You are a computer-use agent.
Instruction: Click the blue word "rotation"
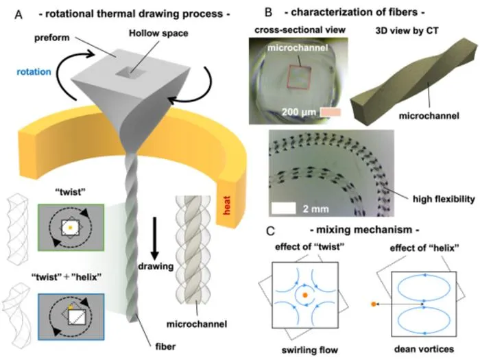tap(34, 72)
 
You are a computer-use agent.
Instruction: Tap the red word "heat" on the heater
tap(227, 206)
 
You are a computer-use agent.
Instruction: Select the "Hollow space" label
tap(158, 33)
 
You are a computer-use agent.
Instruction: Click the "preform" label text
tap(52, 38)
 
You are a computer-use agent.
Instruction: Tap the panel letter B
tap(268, 12)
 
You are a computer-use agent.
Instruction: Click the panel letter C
tap(270, 231)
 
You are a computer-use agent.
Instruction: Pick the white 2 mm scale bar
tap(284, 208)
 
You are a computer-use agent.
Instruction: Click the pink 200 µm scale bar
tap(331, 112)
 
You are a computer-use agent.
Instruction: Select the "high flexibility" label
tap(444, 199)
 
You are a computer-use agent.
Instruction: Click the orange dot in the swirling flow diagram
tap(305, 295)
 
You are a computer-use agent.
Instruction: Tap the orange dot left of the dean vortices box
tap(373, 304)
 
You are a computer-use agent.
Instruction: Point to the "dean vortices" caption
tap(424, 349)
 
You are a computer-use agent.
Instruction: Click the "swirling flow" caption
tap(310, 350)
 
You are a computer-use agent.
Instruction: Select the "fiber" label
tap(165, 346)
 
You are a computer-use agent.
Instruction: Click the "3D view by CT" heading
tap(407, 31)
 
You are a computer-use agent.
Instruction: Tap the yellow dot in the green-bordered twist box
tap(70, 228)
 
